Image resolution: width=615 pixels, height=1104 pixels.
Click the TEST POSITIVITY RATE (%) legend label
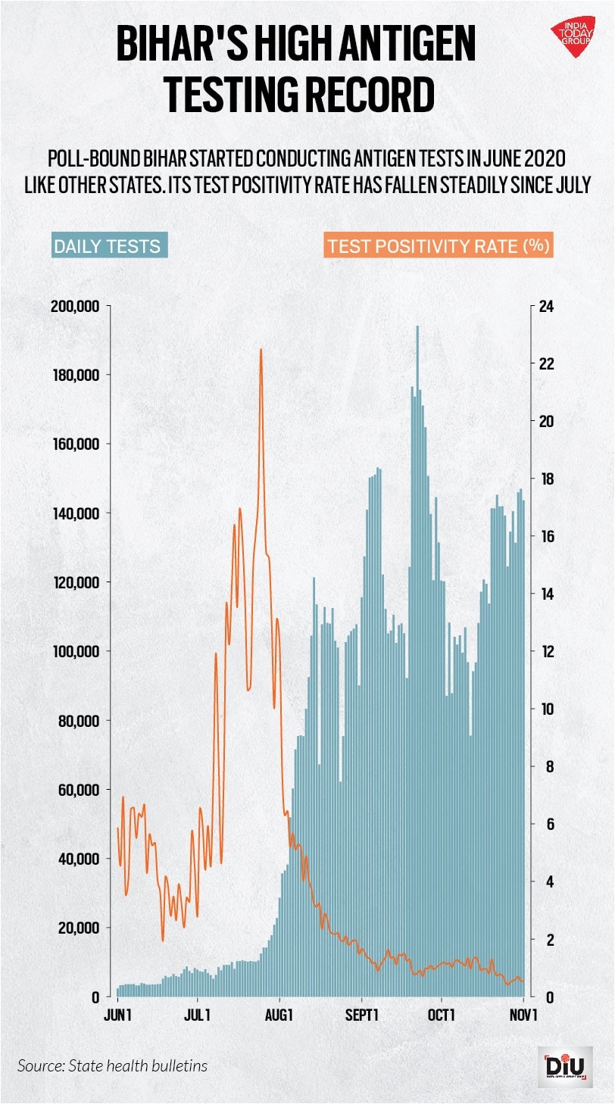439,246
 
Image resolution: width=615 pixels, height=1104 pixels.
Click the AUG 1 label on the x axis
280,1015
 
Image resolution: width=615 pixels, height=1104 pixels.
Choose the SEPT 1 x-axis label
362,1015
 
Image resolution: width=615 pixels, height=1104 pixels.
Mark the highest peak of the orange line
261,350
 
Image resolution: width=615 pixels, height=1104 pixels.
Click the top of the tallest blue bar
417,327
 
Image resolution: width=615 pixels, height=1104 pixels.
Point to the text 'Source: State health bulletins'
112,1065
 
